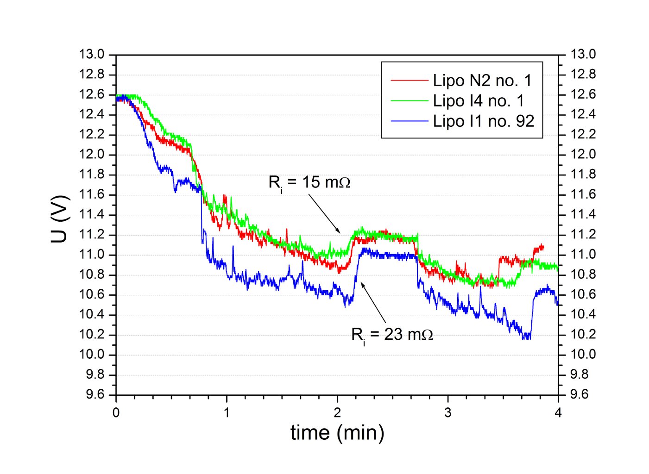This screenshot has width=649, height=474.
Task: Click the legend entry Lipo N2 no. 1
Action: coord(482,81)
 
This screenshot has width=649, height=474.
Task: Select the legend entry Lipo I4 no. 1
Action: coord(478,101)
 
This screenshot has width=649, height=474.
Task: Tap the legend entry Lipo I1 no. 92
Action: coord(483,121)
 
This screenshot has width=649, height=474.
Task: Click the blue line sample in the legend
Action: coord(409,121)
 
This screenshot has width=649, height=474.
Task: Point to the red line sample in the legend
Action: coord(409,81)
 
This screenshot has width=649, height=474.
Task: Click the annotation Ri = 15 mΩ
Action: coord(309,182)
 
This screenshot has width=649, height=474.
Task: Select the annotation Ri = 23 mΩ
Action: coord(392,334)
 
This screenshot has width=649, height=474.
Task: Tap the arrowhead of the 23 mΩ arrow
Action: coord(362,282)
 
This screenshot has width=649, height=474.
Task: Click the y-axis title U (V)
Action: coord(60,219)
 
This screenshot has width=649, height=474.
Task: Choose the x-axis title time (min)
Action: coord(337,433)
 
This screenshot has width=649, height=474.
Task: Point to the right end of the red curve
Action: coord(543,247)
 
